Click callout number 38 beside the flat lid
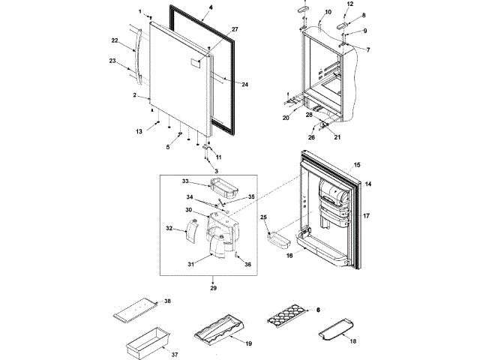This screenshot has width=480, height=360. click(x=167, y=301)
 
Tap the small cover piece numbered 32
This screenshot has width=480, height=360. click(x=190, y=228)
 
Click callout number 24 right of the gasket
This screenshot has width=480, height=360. click(x=244, y=85)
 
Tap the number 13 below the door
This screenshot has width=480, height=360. click(x=138, y=131)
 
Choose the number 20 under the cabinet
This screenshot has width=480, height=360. click(x=286, y=118)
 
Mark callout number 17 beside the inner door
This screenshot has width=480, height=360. click(x=367, y=216)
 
